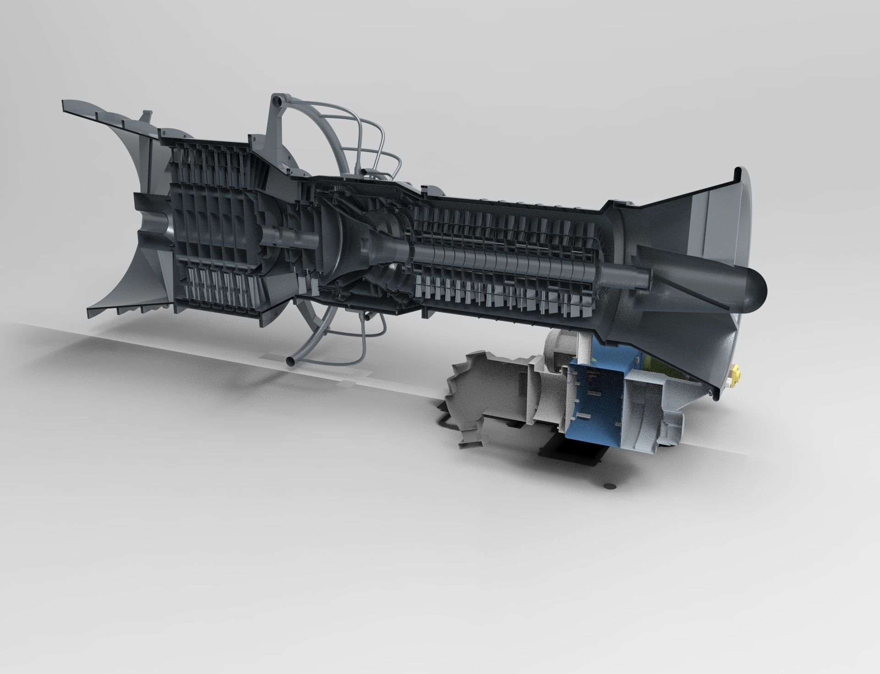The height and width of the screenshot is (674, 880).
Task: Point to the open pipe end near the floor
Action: tap(290, 362)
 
